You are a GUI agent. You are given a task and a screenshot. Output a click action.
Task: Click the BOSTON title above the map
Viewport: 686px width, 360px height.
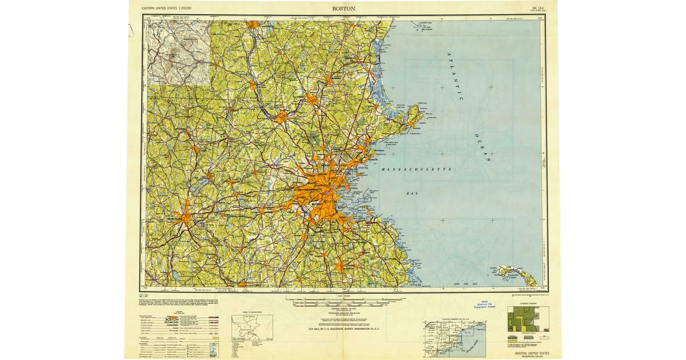click(x=343, y=9)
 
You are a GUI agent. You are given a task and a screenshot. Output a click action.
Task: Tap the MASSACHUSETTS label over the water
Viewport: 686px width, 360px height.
click(x=416, y=170)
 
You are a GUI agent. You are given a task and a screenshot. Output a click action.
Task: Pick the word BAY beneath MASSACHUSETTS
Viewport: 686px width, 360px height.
click(x=412, y=194)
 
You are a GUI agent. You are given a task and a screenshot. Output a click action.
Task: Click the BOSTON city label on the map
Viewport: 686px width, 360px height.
click(x=330, y=202)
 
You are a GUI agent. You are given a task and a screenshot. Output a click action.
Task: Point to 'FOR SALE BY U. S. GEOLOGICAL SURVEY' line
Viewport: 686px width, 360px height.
click(x=343, y=330)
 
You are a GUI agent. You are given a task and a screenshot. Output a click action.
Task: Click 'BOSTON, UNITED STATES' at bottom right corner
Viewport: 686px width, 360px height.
click(x=532, y=354)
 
